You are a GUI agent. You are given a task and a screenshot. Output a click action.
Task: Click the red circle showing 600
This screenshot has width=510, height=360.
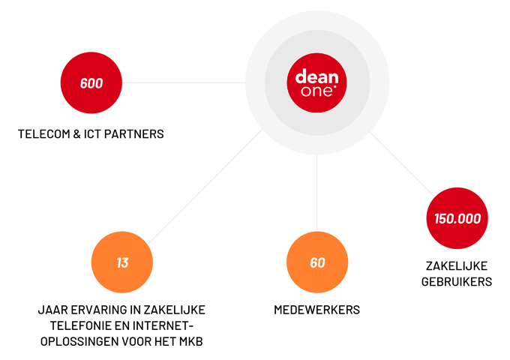91,83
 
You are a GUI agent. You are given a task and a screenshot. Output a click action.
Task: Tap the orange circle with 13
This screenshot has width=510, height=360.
122,263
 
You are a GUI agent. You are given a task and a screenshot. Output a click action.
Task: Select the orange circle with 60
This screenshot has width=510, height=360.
317,263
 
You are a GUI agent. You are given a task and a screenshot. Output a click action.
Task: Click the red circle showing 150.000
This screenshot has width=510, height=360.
457,219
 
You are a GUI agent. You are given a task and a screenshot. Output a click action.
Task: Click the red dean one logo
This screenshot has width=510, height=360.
317,83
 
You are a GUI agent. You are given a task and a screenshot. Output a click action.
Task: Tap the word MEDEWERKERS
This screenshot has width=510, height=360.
317,310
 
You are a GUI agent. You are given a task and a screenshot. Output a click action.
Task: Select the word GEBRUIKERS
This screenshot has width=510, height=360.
458,282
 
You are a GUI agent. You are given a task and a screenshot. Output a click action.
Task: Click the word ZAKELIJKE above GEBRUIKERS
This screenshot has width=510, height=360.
458,265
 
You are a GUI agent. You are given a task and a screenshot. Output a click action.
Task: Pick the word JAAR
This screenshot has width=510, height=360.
52,310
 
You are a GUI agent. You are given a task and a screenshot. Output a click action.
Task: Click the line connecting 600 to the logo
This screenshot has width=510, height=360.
184,82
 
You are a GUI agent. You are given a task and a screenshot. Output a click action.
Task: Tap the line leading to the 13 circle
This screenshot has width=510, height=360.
202,187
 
